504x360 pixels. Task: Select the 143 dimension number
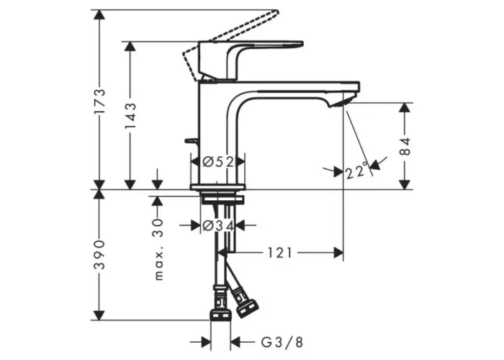(x=130, y=116)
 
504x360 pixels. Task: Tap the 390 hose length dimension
(x=100, y=254)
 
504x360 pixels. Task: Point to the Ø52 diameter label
(x=218, y=162)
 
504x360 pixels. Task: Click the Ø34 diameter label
(x=218, y=226)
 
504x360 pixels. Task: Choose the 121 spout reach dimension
(x=280, y=253)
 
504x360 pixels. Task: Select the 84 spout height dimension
(x=405, y=147)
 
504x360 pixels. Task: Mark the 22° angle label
(x=356, y=171)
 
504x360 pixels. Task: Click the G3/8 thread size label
(x=282, y=342)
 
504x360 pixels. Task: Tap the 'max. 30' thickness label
(x=158, y=249)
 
